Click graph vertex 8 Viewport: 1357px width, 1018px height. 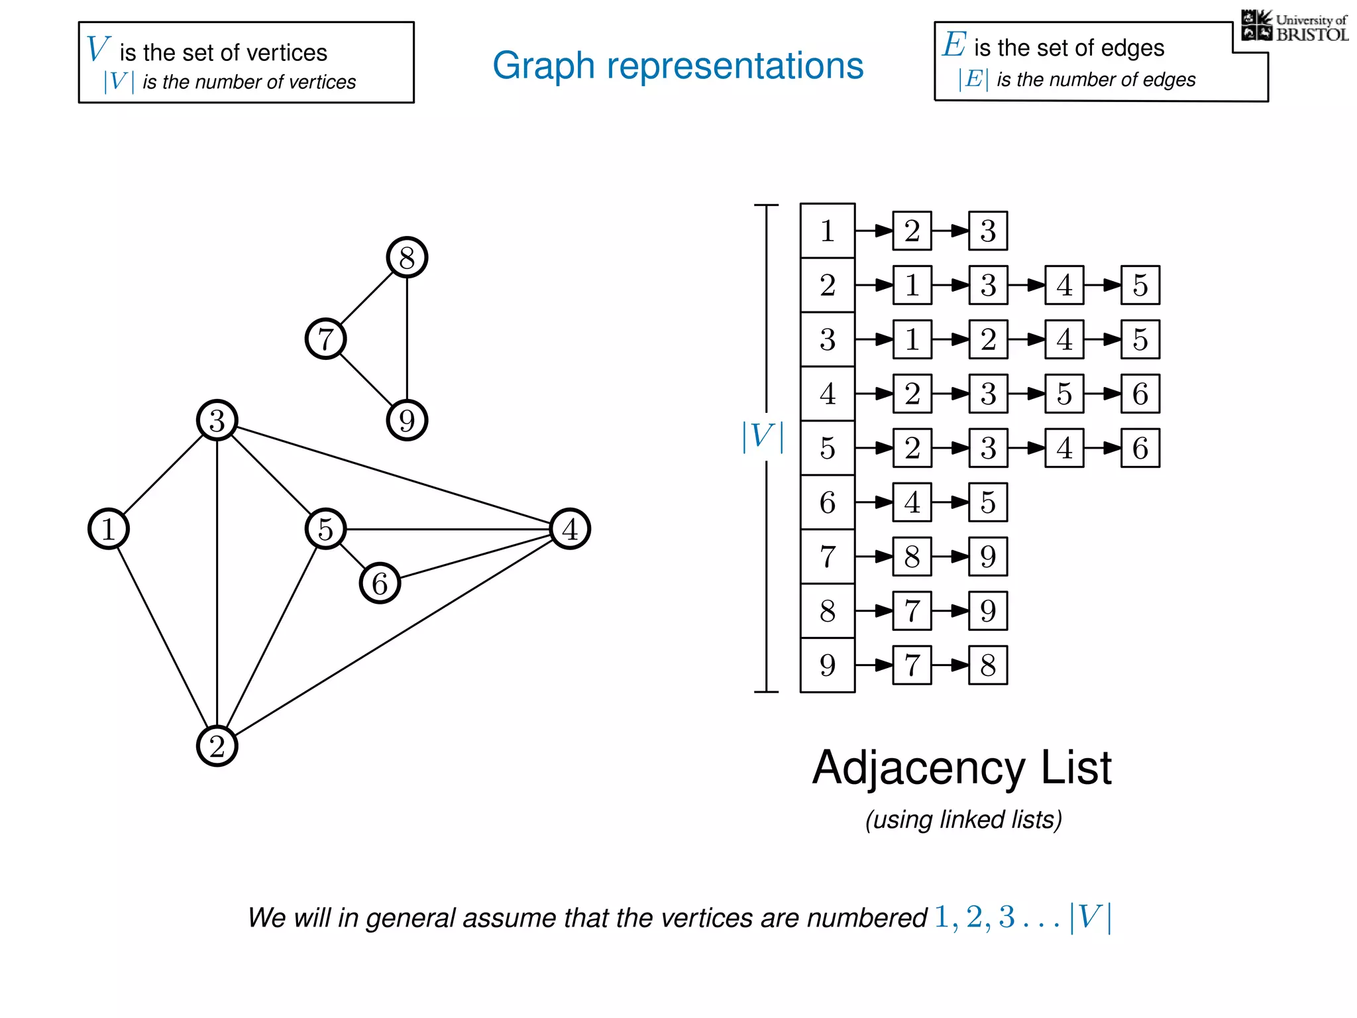407,257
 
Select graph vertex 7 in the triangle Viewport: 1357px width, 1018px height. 325,339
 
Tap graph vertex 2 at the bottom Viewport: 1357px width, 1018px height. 217,746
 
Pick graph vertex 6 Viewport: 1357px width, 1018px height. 380,583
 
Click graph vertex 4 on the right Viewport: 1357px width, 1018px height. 570,529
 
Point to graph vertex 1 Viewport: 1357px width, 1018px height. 108,529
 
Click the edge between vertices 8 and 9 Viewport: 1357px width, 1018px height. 407,339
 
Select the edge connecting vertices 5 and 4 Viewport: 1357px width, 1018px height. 448,529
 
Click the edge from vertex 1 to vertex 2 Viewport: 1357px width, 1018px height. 162,638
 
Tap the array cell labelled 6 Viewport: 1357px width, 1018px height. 828,502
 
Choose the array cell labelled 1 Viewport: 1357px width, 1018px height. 828,231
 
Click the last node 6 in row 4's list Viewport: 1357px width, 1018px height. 1140,394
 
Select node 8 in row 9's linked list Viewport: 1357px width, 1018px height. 988,665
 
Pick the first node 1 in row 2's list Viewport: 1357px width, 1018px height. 912,285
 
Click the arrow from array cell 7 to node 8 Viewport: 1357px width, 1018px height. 874,557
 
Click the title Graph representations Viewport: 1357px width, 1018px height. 678,65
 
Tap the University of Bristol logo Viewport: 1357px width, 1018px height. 1294,27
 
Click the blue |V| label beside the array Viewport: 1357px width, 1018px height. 763,437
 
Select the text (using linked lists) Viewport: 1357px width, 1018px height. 963,820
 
